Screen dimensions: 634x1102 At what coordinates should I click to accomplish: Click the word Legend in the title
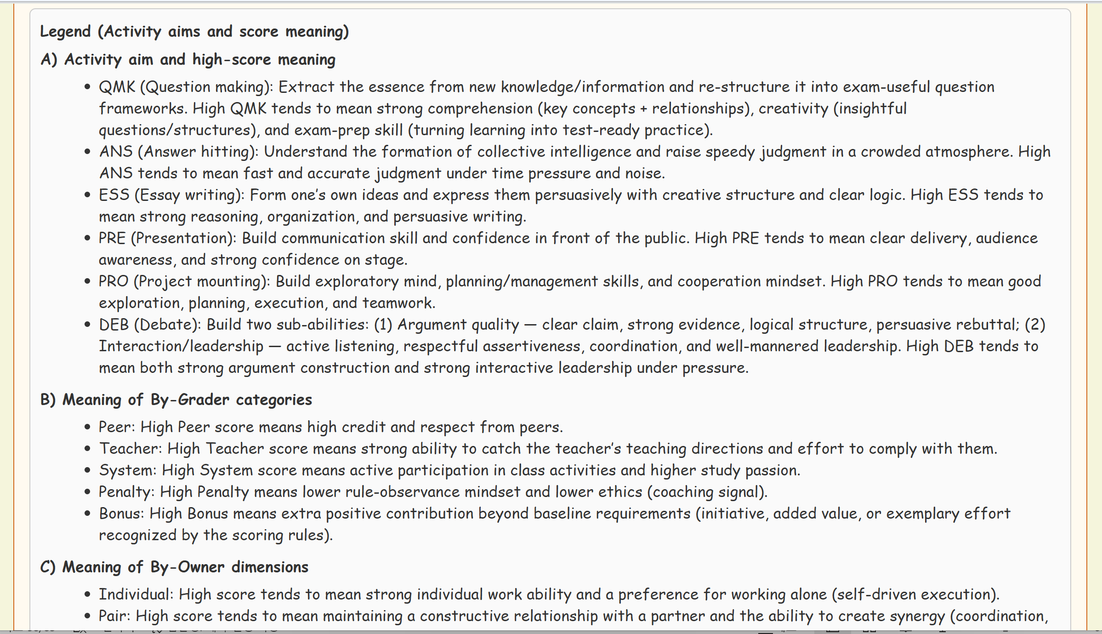point(65,32)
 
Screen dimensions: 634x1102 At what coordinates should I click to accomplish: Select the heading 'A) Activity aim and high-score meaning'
point(188,60)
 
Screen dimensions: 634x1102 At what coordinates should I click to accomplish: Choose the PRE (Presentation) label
point(167,238)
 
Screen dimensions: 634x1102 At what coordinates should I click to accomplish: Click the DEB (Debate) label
point(150,325)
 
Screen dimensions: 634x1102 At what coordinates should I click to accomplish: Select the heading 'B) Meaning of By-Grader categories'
point(176,400)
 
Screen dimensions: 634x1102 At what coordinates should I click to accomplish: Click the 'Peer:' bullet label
point(117,427)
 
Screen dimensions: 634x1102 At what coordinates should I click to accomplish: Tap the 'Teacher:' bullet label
point(131,449)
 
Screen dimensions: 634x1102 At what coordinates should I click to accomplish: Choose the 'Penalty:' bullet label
point(126,492)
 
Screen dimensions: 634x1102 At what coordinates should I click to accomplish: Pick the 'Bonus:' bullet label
point(121,514)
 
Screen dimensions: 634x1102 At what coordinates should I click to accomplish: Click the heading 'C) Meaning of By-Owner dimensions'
point(174,567)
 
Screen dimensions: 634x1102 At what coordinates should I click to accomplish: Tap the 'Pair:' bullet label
point(114,616)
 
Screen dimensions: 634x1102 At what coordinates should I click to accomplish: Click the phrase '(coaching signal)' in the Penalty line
point(707,492)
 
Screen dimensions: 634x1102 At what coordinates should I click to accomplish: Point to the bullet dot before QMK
point(87,87)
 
